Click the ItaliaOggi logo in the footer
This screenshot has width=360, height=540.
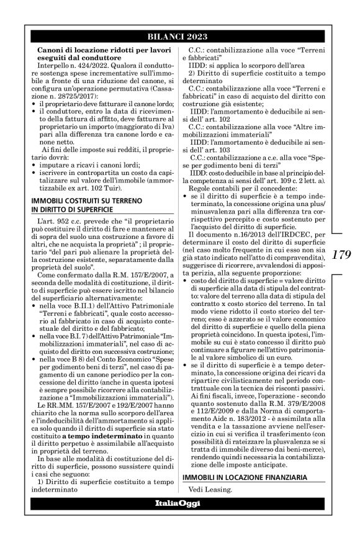180,518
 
